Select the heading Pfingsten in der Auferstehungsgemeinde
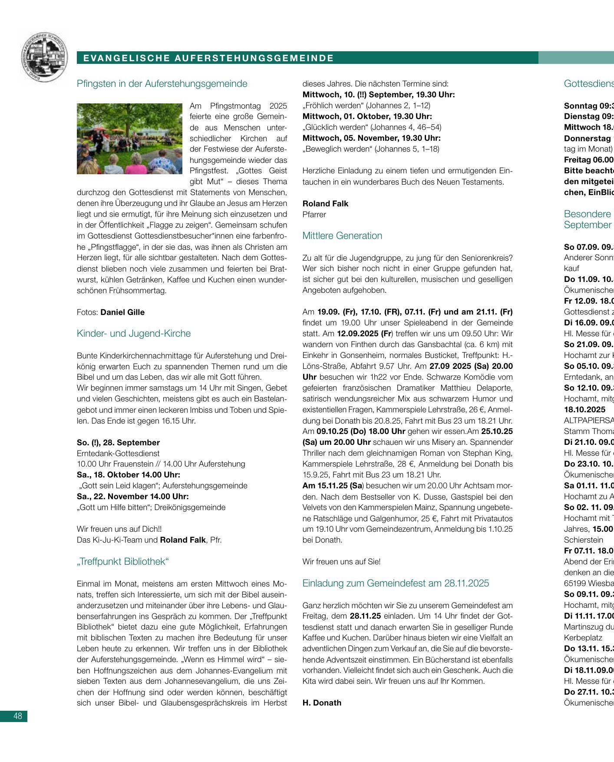click(x=162, y=84)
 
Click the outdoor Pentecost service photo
click(x=129, y=139)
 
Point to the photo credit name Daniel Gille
click(x=122, y=312)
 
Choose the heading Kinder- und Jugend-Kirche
click(x=134, y=334)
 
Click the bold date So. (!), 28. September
click(x=118, y=443)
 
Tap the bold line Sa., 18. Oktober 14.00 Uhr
click(x=128, y=475)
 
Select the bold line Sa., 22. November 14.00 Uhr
click(x=133, y=497)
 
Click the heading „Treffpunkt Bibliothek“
click(x=122, y=562)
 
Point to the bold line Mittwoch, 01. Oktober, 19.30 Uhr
click(x=367, y=116)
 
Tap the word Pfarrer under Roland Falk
click(x=314, y=215)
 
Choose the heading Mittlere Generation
click(x=342, y=236)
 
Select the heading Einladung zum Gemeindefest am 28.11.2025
click(x=396, y=583)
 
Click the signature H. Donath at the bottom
click(x=322, y=703)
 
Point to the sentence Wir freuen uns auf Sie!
click(x=341, y=562)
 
